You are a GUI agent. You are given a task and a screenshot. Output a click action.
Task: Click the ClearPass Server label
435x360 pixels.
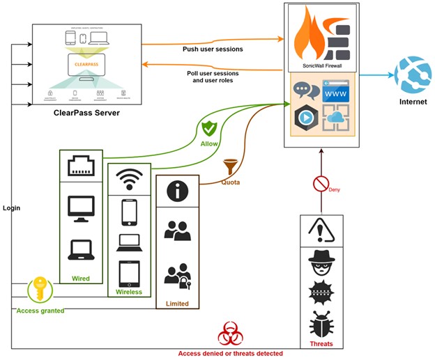86,112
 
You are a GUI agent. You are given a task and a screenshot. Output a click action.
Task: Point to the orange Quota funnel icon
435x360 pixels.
230,168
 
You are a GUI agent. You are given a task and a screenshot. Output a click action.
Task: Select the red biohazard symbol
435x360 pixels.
230,335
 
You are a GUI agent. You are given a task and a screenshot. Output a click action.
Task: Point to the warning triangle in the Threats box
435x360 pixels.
321,230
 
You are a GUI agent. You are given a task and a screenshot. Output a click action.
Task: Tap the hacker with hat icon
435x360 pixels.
321,262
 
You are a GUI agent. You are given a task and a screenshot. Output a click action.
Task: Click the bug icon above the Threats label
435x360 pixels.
321,324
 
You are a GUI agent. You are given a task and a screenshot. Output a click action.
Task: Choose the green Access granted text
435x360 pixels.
40,311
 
